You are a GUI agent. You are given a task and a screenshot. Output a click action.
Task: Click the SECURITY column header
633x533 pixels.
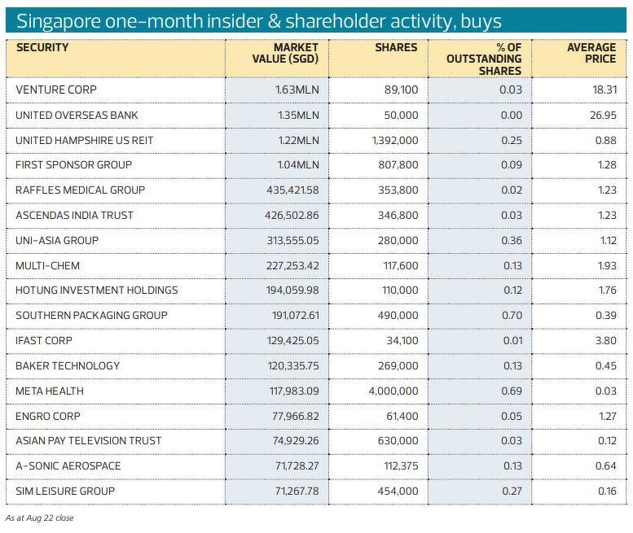point(42,47)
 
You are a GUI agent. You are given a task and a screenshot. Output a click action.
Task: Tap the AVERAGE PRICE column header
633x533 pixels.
point(591,53)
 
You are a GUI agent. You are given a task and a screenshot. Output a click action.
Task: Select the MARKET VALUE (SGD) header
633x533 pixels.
point(285,53)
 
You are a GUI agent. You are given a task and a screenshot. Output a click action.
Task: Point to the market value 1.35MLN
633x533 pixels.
point(297,115)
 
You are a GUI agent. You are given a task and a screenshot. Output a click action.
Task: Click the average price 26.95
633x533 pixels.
point(603,115)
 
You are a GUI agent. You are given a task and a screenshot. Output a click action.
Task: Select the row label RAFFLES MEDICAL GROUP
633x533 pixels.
point(80,190)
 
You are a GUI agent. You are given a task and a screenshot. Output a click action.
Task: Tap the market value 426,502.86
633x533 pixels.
point(288,215)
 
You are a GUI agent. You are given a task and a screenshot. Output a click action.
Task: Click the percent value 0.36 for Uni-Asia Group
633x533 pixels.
point(512,240)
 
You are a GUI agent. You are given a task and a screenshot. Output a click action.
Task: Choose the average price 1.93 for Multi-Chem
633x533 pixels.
point(605,265)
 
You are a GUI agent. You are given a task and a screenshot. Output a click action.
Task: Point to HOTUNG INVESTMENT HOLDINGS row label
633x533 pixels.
point(96,290)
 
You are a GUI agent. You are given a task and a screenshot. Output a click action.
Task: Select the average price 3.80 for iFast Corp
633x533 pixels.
point(605,340)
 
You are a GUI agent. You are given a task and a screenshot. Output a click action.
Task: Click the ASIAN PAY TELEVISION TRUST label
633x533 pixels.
point(88,440)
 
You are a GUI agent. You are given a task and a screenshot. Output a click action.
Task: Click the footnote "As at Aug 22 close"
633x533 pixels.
point(39,518)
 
